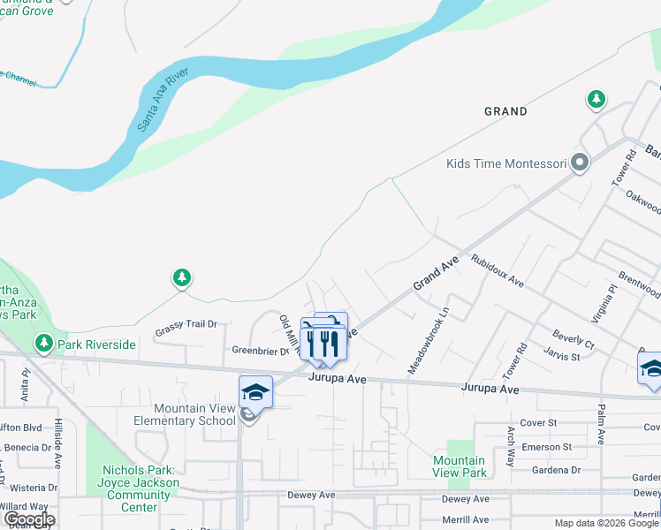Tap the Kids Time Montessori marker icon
pos(580,163)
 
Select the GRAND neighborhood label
pos(505,111)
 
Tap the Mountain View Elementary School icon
pos(255,391)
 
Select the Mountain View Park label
pos(460,466)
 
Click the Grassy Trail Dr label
pos(186,324)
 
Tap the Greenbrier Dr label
pos(260,351)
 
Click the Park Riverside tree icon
pos(42,343)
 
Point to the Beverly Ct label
pos(573,340)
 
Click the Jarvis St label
pos(562,356)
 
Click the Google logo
pos(28,519)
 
